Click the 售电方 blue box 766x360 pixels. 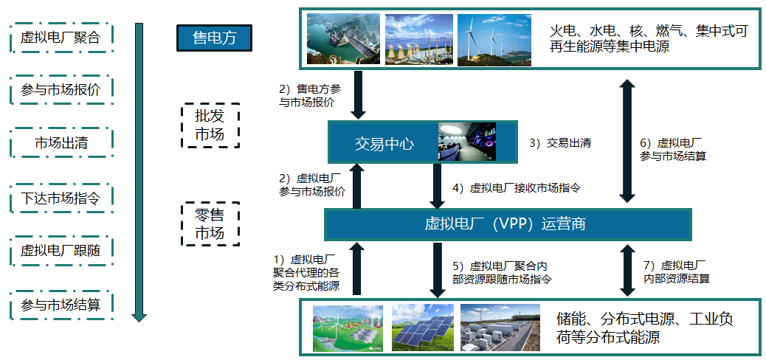coord(214,38)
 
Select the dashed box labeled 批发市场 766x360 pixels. coord(210,125)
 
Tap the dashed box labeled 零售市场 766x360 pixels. coord(210,224)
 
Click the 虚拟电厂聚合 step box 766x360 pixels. coord(61,37)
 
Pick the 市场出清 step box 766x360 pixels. coord(61,142)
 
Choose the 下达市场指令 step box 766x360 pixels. coord(61,198)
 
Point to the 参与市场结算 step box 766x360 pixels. coord(61,305)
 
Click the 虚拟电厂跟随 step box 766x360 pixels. coord(61,251)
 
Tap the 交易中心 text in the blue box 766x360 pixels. coord(384,144)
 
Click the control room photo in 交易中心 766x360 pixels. coord(467,141)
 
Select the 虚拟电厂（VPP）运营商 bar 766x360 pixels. coord(508,225)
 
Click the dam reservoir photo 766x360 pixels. coord(343,39)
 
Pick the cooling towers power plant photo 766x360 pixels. coord(418,39)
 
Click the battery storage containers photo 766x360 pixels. coord(500,328)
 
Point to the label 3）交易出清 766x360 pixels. coord(560,143)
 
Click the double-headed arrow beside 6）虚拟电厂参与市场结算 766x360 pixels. coord(627,141)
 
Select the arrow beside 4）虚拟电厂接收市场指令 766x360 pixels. coord(436,186)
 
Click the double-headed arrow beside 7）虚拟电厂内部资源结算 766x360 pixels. coord(627,270)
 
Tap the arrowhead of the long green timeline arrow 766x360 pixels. coord(139,317)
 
